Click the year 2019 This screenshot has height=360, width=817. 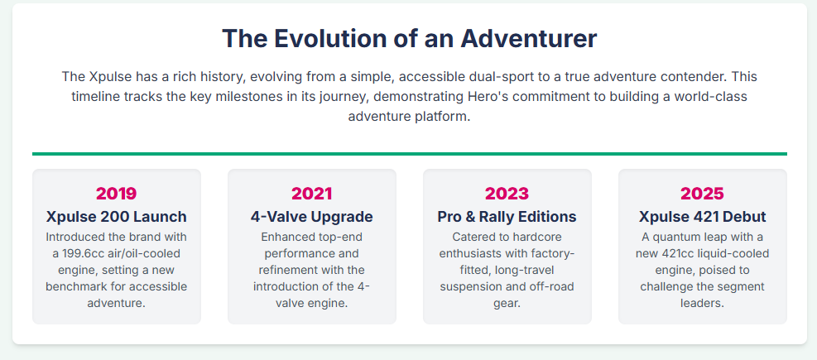coord(116,194)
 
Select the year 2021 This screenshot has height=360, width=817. coord(311,194)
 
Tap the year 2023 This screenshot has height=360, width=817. coord(507,194)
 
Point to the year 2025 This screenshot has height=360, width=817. coord(703,194)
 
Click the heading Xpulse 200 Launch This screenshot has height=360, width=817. coord(116,216)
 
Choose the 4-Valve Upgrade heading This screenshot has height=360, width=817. coord(311,216)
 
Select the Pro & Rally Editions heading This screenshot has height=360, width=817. coord(507,216)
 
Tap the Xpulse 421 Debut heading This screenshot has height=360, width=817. coord(703,216)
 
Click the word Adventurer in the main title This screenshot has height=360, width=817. coord(528,39)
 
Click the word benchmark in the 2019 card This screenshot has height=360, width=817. coord(76,286)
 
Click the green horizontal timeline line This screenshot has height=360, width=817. coord(410,154)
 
